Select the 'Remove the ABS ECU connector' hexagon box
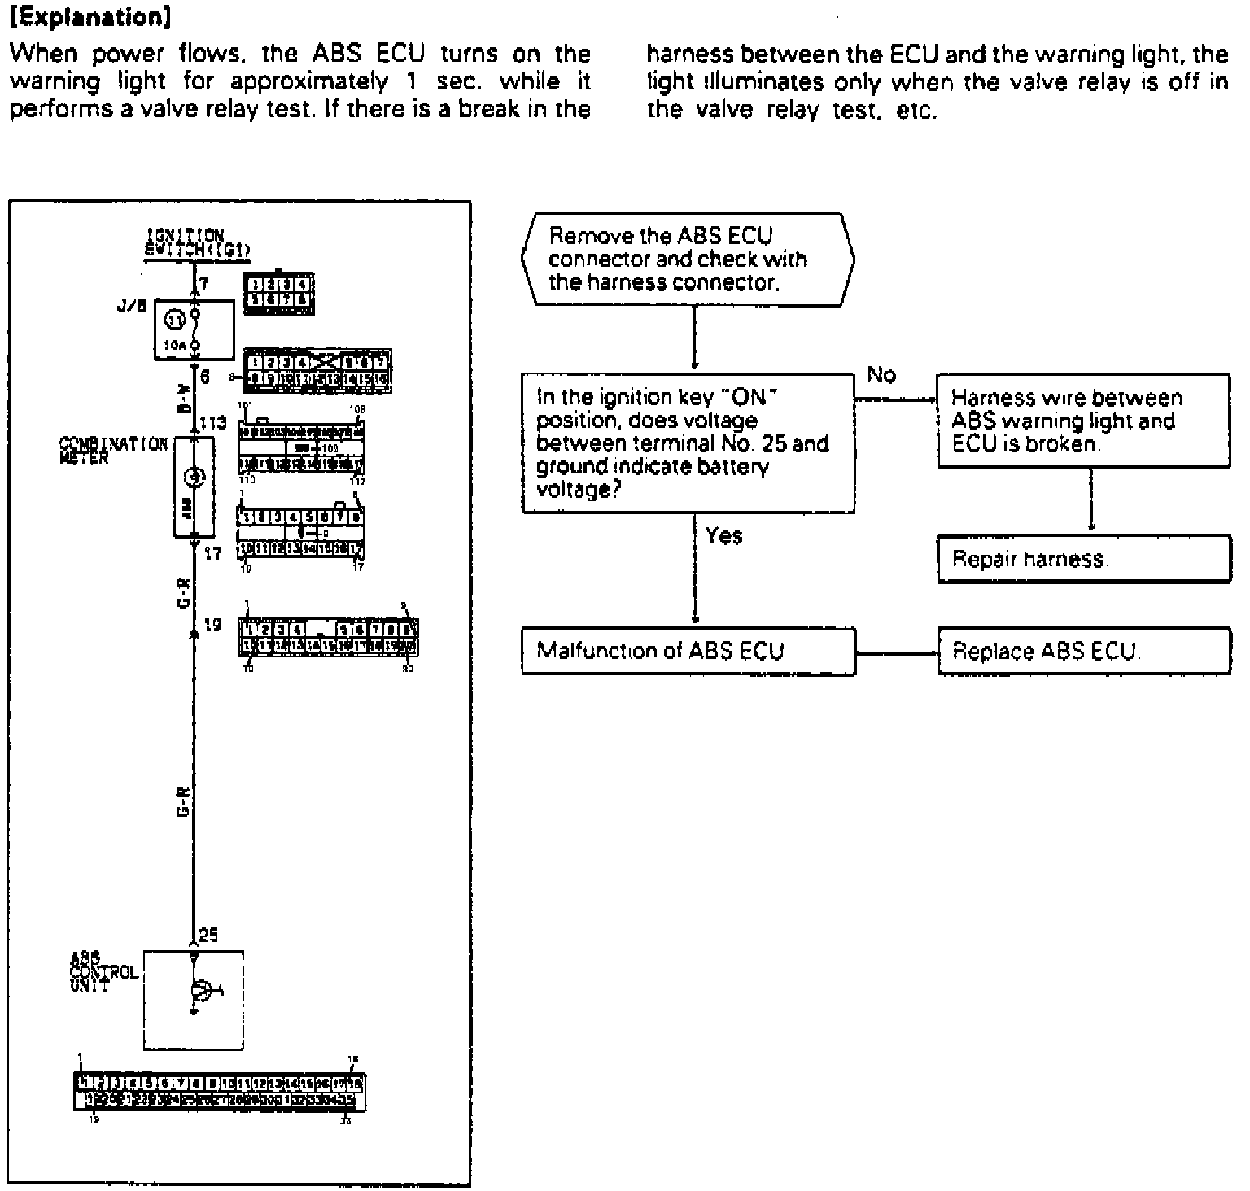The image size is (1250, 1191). pos(688,260)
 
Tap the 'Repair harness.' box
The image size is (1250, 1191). pos(1083,559)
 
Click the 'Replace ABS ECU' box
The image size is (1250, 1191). pos(1083,651)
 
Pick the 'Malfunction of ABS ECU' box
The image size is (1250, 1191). pos(688,651)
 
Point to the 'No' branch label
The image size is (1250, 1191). pos(881,375)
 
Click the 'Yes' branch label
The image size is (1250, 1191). pos(723,535)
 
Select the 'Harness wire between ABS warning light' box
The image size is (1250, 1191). pos(1083,421)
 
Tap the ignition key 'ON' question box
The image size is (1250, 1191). pos(688,443)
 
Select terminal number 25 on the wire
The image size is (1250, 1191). pos(208,936)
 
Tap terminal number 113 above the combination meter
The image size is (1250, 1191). pos(212,423)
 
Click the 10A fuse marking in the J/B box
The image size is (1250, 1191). pos(173,345)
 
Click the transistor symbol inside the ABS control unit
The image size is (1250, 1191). pos(200,990)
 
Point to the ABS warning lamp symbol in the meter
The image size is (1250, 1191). pos(194,478)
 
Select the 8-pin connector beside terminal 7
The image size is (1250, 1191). pos(278,293)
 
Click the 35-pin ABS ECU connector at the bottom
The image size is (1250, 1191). pos(221,1092)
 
